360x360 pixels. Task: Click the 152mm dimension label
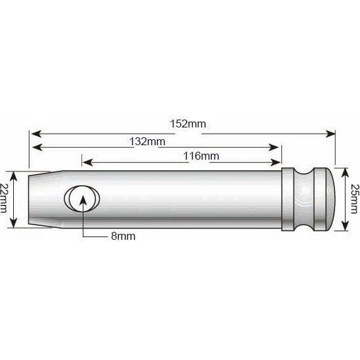coord(188,124)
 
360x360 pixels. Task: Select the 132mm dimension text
coord(147,141)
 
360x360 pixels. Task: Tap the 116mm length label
coord(201,156)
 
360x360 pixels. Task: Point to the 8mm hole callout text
coord(124,236)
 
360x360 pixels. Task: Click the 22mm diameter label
coord(4,198)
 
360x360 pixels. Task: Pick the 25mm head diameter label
coord(354,199)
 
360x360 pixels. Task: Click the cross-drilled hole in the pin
coord(82,198)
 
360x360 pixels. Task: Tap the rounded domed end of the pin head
coord(330,199)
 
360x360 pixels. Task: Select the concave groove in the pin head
coord(304,199)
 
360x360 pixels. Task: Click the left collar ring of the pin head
coord(288,199)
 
